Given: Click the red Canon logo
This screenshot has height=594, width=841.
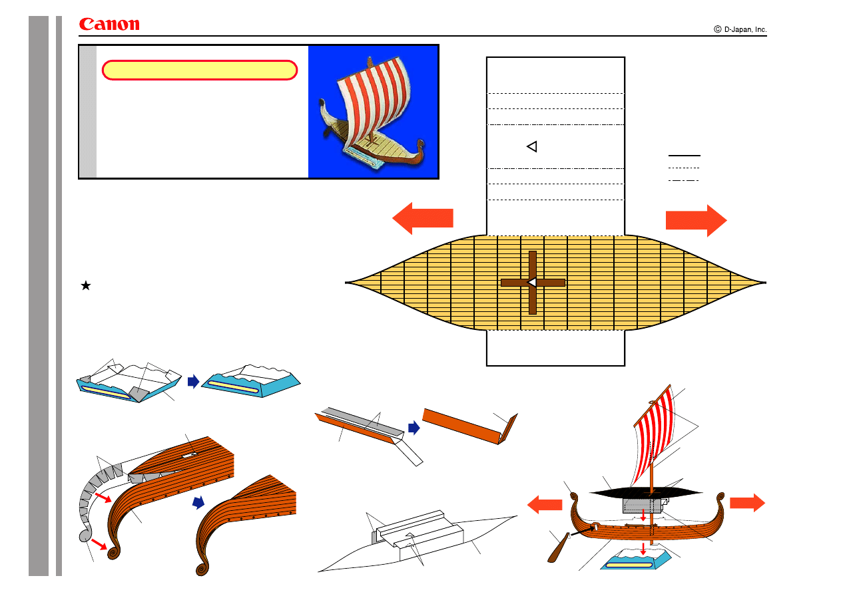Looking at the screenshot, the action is tap(109, 24).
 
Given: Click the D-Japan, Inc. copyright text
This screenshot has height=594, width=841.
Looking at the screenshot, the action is tap(740, 29).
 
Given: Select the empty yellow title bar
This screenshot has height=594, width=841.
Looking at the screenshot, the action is tap(200, 70).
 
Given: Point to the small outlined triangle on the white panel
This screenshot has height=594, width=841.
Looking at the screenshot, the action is tap(533, 146).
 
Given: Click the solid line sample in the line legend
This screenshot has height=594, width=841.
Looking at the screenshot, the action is tap(684, 155).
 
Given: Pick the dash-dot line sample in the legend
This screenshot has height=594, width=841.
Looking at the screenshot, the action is tap(684, 180).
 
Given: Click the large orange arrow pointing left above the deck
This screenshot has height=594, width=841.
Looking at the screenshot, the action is tap(423, 218).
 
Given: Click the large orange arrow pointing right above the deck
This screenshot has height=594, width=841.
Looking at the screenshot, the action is tap(696, 220).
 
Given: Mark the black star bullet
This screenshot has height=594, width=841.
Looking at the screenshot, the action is tap(86, 285).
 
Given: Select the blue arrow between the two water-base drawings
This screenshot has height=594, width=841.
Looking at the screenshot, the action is tap(193, 381).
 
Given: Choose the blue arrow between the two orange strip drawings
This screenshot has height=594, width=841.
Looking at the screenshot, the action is tap(414, 428).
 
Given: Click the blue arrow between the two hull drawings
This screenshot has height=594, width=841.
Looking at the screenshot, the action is tap(198, 502).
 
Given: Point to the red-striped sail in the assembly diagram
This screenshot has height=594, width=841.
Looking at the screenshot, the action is tap(654, 435).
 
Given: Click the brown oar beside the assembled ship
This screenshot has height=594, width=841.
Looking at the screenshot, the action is tap(558, 547).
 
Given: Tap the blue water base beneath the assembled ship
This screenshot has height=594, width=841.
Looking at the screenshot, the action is tap(636, 559).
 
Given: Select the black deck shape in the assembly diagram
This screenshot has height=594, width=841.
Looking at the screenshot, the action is tap(646, 492).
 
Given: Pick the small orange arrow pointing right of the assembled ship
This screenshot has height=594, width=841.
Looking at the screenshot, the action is tap(747, 503).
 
